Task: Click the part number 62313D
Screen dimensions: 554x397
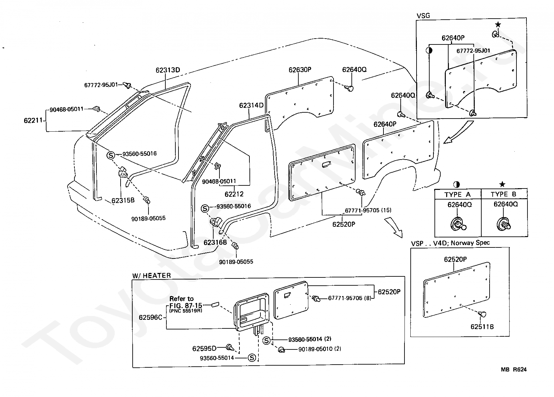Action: [168, 70]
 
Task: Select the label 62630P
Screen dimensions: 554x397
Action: [300, 70]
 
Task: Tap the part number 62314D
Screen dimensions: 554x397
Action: [251, 105]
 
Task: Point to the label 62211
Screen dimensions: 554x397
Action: [33, 121]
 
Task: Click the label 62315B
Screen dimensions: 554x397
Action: [123, 200]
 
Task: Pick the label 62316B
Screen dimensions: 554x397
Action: [215, 242]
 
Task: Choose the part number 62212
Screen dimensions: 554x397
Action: [234, 194]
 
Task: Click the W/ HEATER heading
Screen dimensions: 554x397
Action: [152, 276]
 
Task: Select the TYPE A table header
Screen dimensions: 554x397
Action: [458, 195]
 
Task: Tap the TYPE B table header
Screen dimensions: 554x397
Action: [504, 194]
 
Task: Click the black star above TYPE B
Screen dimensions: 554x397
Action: [502, 184]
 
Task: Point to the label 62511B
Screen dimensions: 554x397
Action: [482, 327]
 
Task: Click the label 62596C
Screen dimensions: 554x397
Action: [150, 317]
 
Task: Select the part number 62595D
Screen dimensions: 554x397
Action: [204, 348]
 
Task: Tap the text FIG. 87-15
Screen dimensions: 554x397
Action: [186, 305]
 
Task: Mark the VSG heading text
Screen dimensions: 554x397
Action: [423, 16]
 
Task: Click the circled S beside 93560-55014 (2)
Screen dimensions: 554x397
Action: [266, 340]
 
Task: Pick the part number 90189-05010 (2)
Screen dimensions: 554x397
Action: [320, 349]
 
